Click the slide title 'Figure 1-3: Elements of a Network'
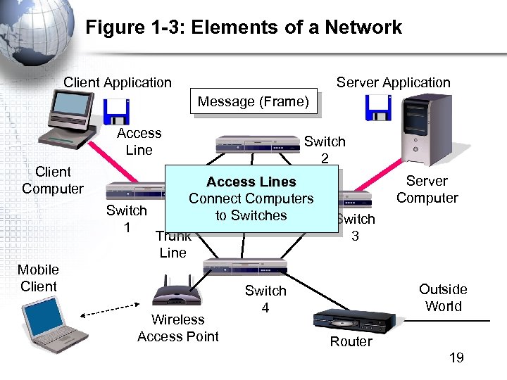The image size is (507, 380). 244,27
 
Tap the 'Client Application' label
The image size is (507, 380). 117,82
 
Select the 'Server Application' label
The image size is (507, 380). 393,82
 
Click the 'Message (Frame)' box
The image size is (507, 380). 254,101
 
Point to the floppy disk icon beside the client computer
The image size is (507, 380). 116,110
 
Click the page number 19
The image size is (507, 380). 456,357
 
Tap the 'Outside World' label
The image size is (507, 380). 443,298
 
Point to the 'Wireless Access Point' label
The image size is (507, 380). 178,328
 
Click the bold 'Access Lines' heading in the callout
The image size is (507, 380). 251,182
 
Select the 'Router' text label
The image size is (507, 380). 351,342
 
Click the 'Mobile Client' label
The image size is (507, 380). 38,278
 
